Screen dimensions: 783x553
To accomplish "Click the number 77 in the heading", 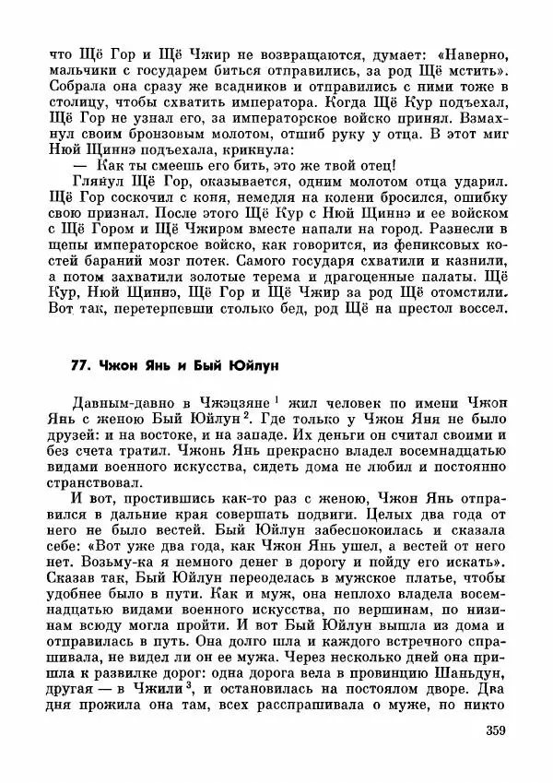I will [x=80, y=365].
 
